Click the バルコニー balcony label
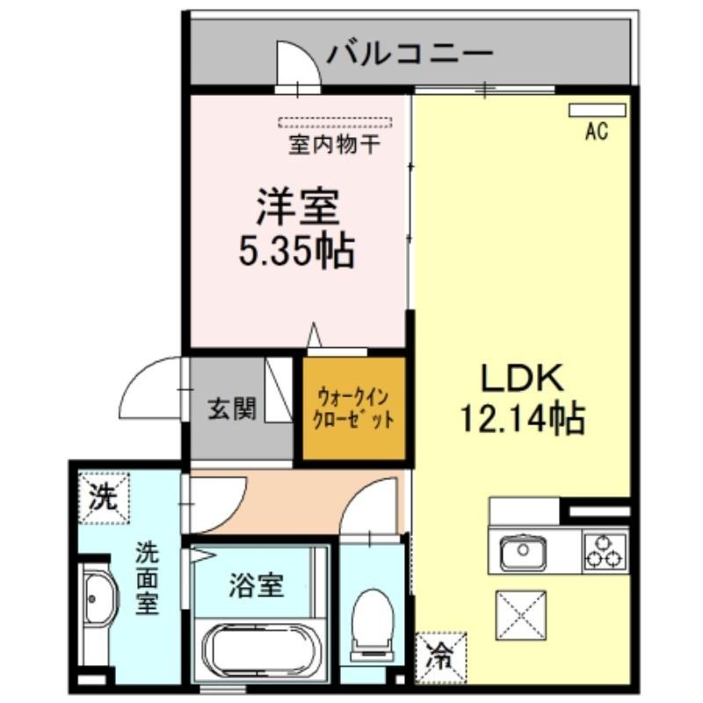click(409, 54)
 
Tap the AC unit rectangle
click(598, 110)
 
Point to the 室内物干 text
click(335, 144)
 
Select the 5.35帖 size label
click(297, 251)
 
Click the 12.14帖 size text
click(523, 419)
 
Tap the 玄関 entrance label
click(232, 409)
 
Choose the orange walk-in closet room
click(354, 409)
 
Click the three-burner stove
click(605, 551)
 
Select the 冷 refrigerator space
click(441, 657)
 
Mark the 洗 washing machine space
click(104, 497)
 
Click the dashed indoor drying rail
click(335, 122)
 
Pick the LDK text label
click(522, 379)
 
